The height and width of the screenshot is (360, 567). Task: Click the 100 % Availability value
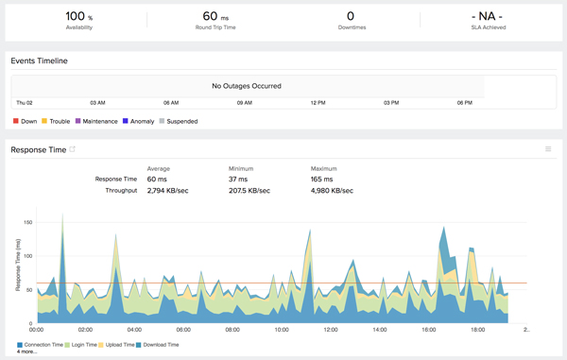coord(79,16)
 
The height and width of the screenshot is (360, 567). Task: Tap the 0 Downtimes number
coord(351,16)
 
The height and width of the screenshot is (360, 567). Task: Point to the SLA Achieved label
coord(488,27)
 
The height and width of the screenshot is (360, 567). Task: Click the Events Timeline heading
coord(39,60)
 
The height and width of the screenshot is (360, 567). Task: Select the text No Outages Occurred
coord(246,86)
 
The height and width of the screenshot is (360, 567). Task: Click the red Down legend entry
coord(26,121)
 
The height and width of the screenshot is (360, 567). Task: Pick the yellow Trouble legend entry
coord(56,121)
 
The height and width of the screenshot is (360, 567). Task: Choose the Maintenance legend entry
coord(96,121)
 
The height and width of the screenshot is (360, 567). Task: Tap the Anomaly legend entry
coord(141,121)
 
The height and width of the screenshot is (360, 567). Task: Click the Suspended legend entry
coord(180,121)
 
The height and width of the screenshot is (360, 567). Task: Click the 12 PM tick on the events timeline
coord(318,102)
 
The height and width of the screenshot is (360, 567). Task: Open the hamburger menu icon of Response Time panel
coord(548,149)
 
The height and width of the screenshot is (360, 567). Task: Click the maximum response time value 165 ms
coord(324,179)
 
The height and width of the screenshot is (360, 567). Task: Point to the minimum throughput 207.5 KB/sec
coord(249,190)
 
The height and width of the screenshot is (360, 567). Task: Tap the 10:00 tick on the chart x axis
coord(282,330)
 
